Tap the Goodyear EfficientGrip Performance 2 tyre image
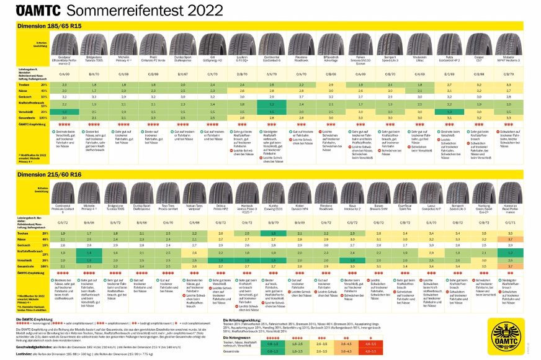(x=66, y=44)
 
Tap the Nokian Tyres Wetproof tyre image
(x=194, y=194)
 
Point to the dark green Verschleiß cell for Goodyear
(x=66, y=110)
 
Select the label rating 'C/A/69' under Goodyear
(x=66, y=74)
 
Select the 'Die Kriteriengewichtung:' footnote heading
(x=246, y=319)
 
